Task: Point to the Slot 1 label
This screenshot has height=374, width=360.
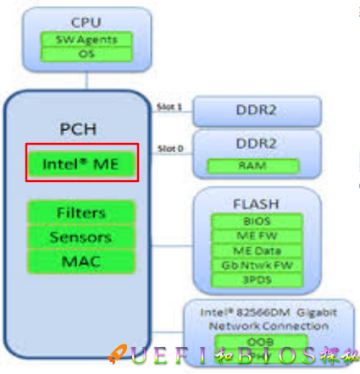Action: (170, 107)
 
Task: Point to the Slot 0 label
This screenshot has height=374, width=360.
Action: (170, 149)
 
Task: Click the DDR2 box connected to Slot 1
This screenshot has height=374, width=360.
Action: (257, 110)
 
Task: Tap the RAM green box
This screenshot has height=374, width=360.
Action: (257, 164)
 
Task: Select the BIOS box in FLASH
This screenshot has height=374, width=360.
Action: (257, 222)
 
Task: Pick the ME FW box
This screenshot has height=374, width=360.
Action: (257, 236)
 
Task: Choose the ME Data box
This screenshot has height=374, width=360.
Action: (257, 250)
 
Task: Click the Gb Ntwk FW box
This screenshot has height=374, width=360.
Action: (257, 264)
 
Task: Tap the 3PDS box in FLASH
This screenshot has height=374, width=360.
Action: (257, 278)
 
